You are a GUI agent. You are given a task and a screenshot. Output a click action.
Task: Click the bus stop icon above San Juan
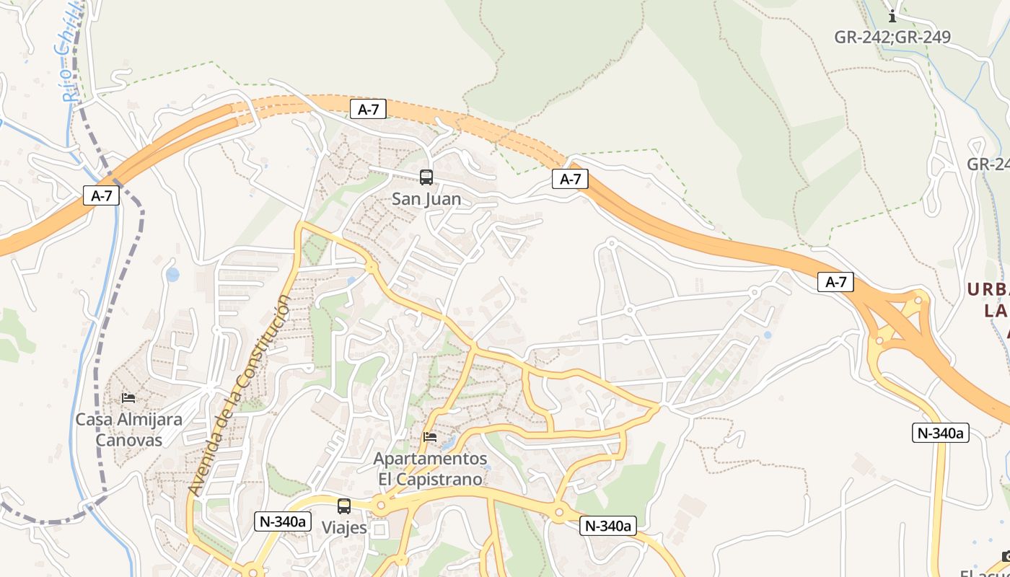click(426, 177)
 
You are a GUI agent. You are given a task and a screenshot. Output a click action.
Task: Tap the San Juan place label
click(426, 199)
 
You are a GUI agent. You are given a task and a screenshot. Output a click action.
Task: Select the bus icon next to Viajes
click(344, 506)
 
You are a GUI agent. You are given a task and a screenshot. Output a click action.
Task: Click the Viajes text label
click(344, 528)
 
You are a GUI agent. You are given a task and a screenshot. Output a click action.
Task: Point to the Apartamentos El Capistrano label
click(430, 469)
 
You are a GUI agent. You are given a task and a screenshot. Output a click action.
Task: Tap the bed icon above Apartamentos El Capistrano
click(430, 436)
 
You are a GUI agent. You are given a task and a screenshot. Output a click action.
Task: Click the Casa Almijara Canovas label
click(129, 429)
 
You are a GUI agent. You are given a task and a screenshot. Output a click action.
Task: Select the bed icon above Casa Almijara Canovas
click(128, 397)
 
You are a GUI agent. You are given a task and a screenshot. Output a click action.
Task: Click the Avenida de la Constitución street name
click(240, 395)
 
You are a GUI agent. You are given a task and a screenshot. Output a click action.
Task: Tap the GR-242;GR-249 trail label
click(892, 38)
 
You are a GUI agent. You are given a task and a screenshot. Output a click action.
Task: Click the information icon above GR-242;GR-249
click(892, 16)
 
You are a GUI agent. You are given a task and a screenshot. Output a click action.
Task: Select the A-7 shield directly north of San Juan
click(368, 110)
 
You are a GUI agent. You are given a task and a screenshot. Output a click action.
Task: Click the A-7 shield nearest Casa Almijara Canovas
click(101, 195)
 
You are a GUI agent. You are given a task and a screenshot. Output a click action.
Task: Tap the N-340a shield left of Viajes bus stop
click(282, 521)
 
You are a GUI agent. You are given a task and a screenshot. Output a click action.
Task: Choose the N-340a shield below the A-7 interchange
click(940, 433)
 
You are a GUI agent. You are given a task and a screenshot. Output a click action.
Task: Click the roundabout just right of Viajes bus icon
click(379, 505)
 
